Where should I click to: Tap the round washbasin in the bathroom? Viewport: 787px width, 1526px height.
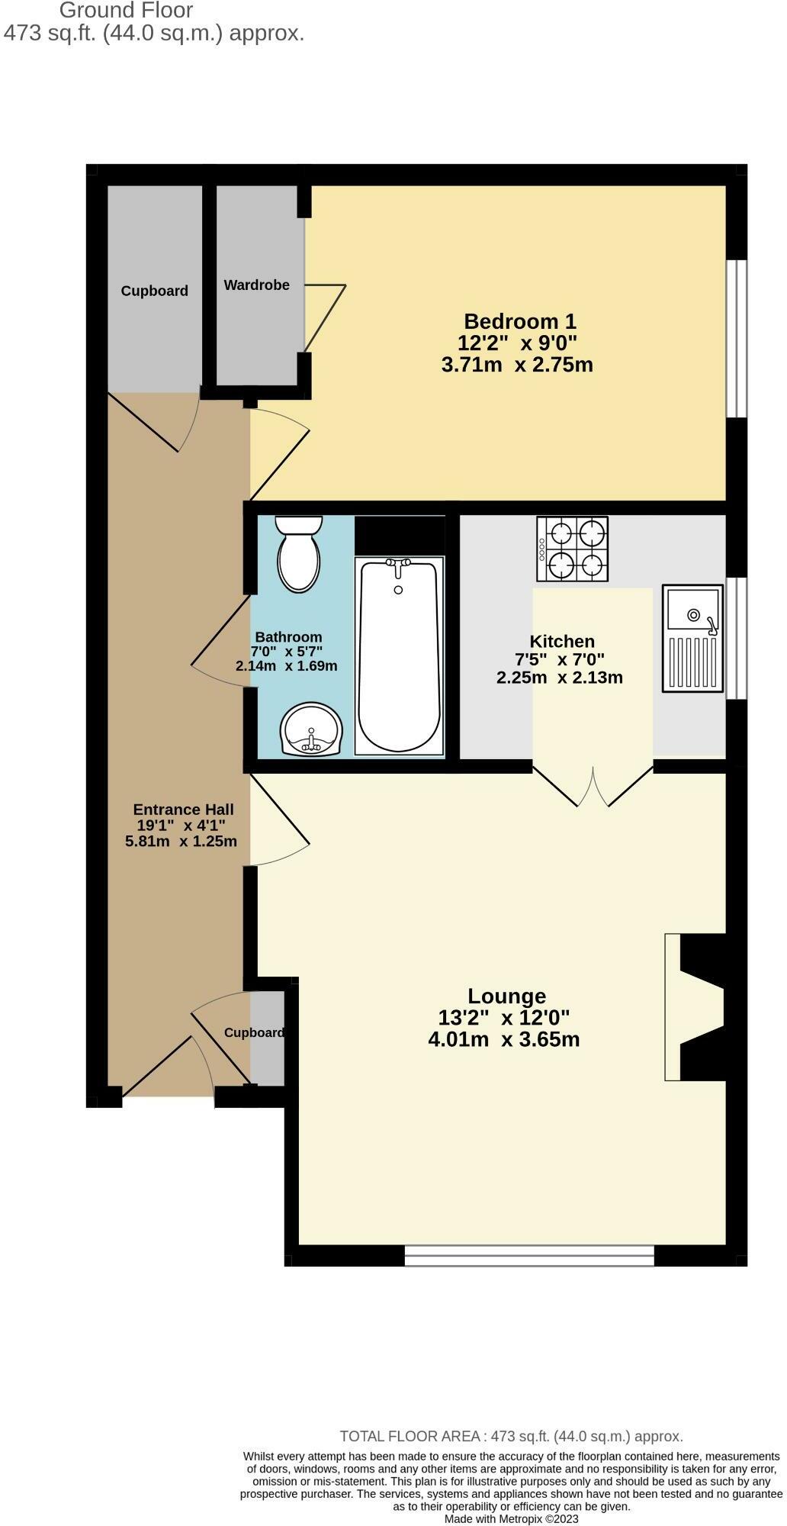point(312,730)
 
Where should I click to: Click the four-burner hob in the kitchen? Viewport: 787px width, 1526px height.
point(573,549)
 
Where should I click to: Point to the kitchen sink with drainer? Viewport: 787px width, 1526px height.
point(692,639)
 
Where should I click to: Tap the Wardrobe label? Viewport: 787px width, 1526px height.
point(256,285)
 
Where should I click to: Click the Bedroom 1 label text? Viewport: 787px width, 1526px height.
point(520,321)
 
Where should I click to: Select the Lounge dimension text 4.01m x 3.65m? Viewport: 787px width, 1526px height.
point(504,1039)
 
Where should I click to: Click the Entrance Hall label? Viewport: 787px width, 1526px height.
point(183,810)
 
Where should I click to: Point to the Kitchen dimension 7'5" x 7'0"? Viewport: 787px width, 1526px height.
point(560,659)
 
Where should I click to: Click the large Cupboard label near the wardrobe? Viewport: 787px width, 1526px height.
point(154,291)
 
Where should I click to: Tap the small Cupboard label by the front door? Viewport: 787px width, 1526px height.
point(254,1032)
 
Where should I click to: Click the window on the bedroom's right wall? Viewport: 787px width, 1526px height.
point(736,339)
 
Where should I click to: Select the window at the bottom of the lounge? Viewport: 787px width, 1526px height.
point(529,1255)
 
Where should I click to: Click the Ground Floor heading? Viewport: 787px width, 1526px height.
point(126,11)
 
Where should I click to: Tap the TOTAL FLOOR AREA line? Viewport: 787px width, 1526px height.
point(511,1437)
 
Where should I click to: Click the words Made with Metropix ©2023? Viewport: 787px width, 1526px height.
point(511,1519)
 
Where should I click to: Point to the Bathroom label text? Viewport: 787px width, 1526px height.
point(288,637)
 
